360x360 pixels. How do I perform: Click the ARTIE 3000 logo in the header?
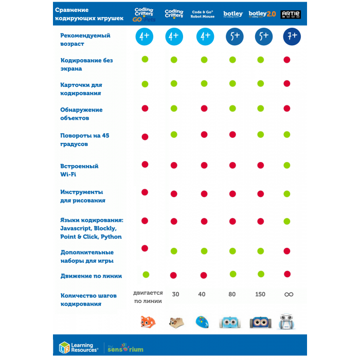[x=291, y=14]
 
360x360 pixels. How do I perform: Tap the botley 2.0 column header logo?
[x=262, y=14]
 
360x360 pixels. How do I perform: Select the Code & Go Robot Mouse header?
[x=204, y=14]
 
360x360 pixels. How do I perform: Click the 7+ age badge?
[x=291, y=36]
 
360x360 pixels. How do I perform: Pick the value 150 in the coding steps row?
[x=260, y=294]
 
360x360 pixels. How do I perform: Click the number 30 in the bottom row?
[x=175, y=294]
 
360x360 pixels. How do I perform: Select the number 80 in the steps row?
[x=232, y=294]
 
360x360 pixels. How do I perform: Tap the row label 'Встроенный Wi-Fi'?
[x=79, y=170]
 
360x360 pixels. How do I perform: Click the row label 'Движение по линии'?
[x=91, y=276]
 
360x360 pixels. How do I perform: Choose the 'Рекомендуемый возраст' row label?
[x=85, y=40]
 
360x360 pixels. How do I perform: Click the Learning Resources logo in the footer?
[x=78, y=348]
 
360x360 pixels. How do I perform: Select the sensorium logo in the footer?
[x=125, y=348]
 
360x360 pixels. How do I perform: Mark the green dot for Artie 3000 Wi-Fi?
[x=287, y=165]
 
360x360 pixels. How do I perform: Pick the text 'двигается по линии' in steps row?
[x=148, y=297]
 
